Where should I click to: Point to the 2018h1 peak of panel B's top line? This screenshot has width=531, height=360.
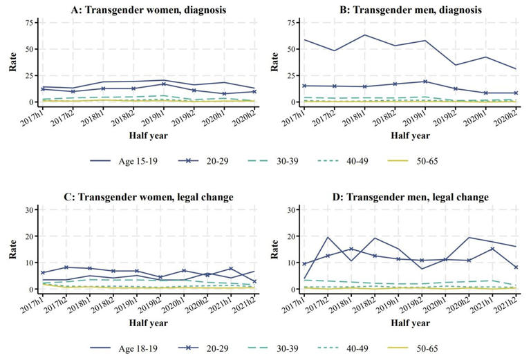tap(365, 35)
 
